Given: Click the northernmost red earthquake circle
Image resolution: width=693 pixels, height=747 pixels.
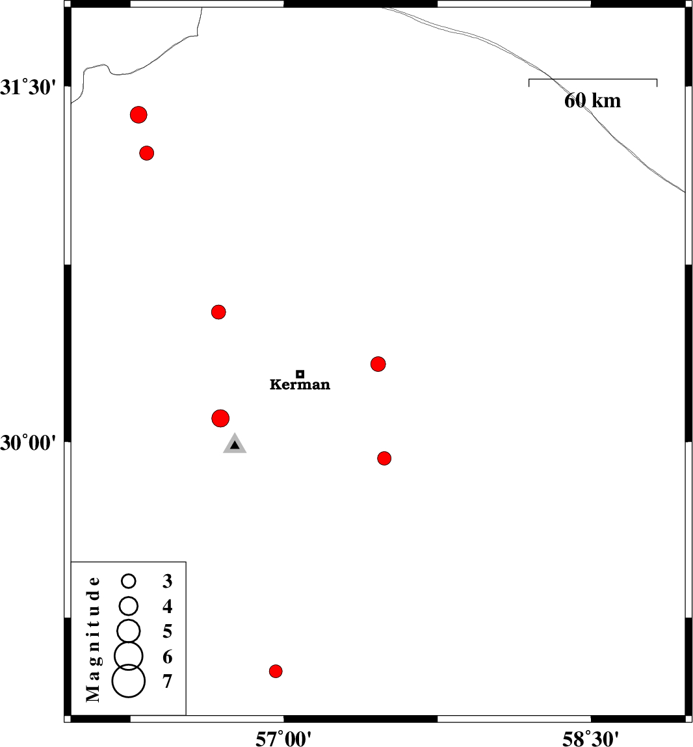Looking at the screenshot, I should coord(138,115).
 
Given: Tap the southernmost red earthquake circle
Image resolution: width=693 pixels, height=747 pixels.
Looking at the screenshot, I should coord(276,671).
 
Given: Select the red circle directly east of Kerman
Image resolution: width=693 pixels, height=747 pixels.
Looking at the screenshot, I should coord(378,364).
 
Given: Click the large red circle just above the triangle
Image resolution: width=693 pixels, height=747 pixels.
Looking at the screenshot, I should coord(220,418).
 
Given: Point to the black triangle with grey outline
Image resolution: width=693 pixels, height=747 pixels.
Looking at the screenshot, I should coord(235,445).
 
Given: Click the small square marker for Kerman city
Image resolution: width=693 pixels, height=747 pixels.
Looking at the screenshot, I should coord(300,374).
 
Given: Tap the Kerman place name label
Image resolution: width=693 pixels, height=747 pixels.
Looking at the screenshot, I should coord(300,385).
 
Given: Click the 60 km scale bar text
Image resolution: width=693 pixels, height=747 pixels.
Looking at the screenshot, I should coord(592,101).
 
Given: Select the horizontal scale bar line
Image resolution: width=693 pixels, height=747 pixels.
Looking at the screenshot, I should coord(593,79).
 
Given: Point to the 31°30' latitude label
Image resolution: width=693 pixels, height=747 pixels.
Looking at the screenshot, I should coord(29,87).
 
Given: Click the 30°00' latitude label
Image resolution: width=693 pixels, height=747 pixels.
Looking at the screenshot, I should coord(29,443).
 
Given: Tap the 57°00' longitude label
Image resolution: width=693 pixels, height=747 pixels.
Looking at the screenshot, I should coord(283,739).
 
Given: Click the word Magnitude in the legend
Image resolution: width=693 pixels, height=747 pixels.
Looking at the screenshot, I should coord(94,638).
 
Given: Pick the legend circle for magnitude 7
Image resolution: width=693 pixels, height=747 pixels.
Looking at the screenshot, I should coord(129,681).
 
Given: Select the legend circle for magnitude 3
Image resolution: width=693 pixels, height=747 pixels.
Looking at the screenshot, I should coord(129,581).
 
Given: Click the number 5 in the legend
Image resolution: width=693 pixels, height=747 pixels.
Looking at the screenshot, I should coord(168,631).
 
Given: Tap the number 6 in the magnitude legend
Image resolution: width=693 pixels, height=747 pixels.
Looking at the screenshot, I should coord(168,657).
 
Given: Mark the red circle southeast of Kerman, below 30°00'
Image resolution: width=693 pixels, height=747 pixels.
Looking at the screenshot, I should coord(384,458).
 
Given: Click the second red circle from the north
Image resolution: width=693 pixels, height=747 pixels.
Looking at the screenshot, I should coord(147,153).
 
